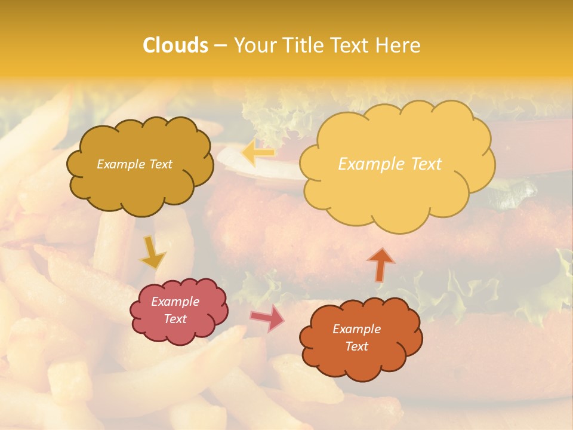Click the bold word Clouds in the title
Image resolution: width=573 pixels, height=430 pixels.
pyautogui.click(x=175, y=45)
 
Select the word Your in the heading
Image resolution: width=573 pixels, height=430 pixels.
pyautogui.click(x=254, y=45)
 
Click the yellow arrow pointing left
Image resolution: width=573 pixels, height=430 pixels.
pyautogui.click(x=258, y=153)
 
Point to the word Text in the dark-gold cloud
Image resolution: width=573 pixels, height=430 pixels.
pyautogui.click(x=161, y=164)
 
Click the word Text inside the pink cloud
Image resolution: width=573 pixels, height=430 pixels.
pyautogui.click(x=175, y=319)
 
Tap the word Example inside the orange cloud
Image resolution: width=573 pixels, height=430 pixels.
pyautogui.click(x=356, y=329)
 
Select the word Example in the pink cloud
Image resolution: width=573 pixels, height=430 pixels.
pyautogui.click(x=175, y=302)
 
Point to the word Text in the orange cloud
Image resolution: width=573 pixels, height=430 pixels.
pyautogui.click(x=356, y=346)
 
